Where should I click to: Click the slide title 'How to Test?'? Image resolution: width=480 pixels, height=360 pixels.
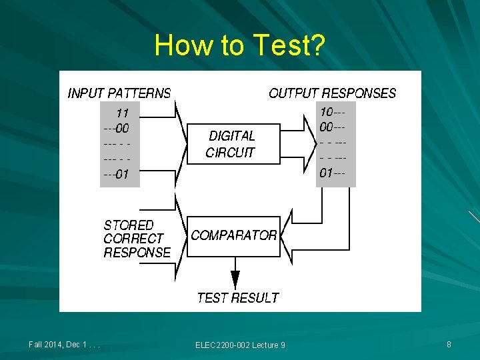pyautogui.click(x=239, y=45)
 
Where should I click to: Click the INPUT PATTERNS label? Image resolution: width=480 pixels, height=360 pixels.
pyautogui.click(x=119, y=93)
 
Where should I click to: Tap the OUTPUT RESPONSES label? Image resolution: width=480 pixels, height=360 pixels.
pyautogui.click(x=332, y=93)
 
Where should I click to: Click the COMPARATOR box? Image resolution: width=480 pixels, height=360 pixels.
pyautogui.click(x=233, y=236)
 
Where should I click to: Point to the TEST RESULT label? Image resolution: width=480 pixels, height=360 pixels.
pyautogui.click(x=238, y=297)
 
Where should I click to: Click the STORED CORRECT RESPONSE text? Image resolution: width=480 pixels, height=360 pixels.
pyautogui.click(x=137, y=239)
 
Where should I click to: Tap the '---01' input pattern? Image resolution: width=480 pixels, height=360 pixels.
pyautogui.click(x=116, y=175)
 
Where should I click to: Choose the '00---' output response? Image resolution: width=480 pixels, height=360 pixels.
pyautogui.click(x=332, y=126)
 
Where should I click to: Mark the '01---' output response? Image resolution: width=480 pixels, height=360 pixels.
pyautogui.click(x=332, y=173)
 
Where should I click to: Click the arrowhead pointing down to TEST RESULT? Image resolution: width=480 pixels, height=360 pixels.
pyautogui.click(x=235, y=279)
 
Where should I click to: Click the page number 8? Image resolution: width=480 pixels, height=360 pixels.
pyautogui.click(x=449, y=345)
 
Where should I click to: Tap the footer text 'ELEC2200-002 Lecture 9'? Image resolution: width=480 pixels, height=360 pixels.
pyautogui.click(x=240, y=345)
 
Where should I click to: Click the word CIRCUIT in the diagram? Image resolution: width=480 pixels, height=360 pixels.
pyautogui.click(x=230, y=152)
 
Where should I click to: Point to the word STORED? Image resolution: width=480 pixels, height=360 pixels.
pyautogui.click(x=128, y=225)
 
